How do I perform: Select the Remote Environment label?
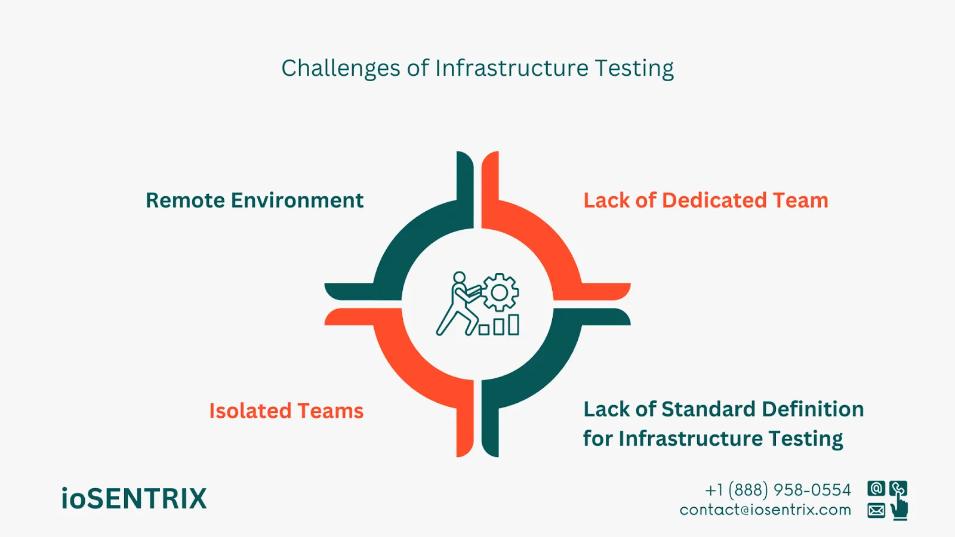[254, 200]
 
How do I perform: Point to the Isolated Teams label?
[286, 411]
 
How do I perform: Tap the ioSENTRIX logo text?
[134, 499]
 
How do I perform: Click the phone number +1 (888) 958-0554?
[778, 490]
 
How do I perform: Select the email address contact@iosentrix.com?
[765, 510]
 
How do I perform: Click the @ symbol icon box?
[876, 489]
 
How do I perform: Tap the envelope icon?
[876, 511]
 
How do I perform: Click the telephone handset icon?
[898, 489]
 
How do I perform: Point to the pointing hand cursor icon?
[899, 509]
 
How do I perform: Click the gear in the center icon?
[500, 292]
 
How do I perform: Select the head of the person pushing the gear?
[459, 278]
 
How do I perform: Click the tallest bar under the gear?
[513, 325]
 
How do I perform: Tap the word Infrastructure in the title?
[512, 69]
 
